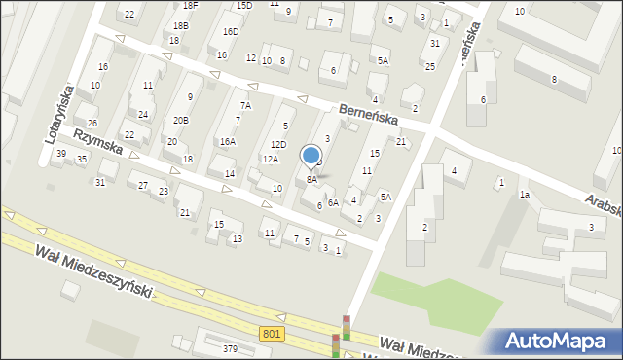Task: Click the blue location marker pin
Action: point(311,156)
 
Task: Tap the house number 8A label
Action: point(311,179)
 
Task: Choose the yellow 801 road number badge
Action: point(273,334)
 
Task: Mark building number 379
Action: point(230,349)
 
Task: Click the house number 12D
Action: point(278,145)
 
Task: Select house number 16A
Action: point(227,142)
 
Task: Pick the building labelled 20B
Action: point(180,120)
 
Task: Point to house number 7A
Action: point(246,105)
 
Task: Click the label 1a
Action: point(524,195)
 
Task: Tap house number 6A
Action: point(333,202)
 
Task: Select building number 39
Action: point(61,154)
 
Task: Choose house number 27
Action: point(143,185)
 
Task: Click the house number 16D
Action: point(230,31)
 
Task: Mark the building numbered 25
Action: point(429,66)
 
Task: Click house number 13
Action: point(236,238)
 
